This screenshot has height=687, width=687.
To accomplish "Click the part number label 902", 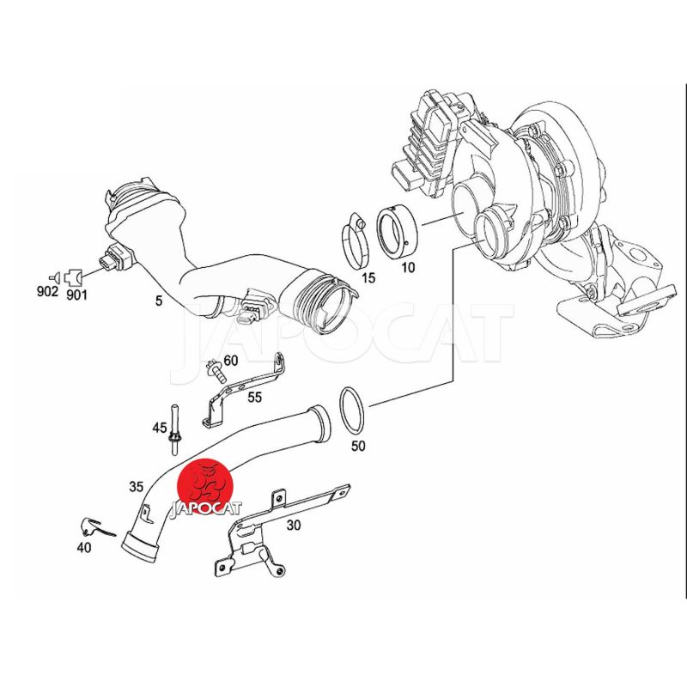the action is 47,291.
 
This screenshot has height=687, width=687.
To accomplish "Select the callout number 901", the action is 76,295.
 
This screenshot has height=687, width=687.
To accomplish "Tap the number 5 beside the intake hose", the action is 159,301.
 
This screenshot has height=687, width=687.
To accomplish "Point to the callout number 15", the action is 368,277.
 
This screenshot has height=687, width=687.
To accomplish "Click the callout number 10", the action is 408,267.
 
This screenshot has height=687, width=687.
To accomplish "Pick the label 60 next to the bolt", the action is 230,361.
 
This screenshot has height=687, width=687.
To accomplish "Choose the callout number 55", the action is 254,397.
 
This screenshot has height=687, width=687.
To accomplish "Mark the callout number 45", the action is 160,427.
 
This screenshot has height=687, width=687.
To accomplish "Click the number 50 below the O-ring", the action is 358,446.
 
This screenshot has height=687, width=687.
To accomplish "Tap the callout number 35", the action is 137,486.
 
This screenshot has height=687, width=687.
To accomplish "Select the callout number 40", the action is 83,547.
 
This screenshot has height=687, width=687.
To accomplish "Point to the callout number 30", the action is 294,525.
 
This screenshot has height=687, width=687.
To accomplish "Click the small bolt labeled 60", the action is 216,370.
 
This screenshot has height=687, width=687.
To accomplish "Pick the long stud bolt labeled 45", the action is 175,429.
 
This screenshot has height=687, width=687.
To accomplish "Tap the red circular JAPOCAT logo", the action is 204,487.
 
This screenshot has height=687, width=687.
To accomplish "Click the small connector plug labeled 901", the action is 73,277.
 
